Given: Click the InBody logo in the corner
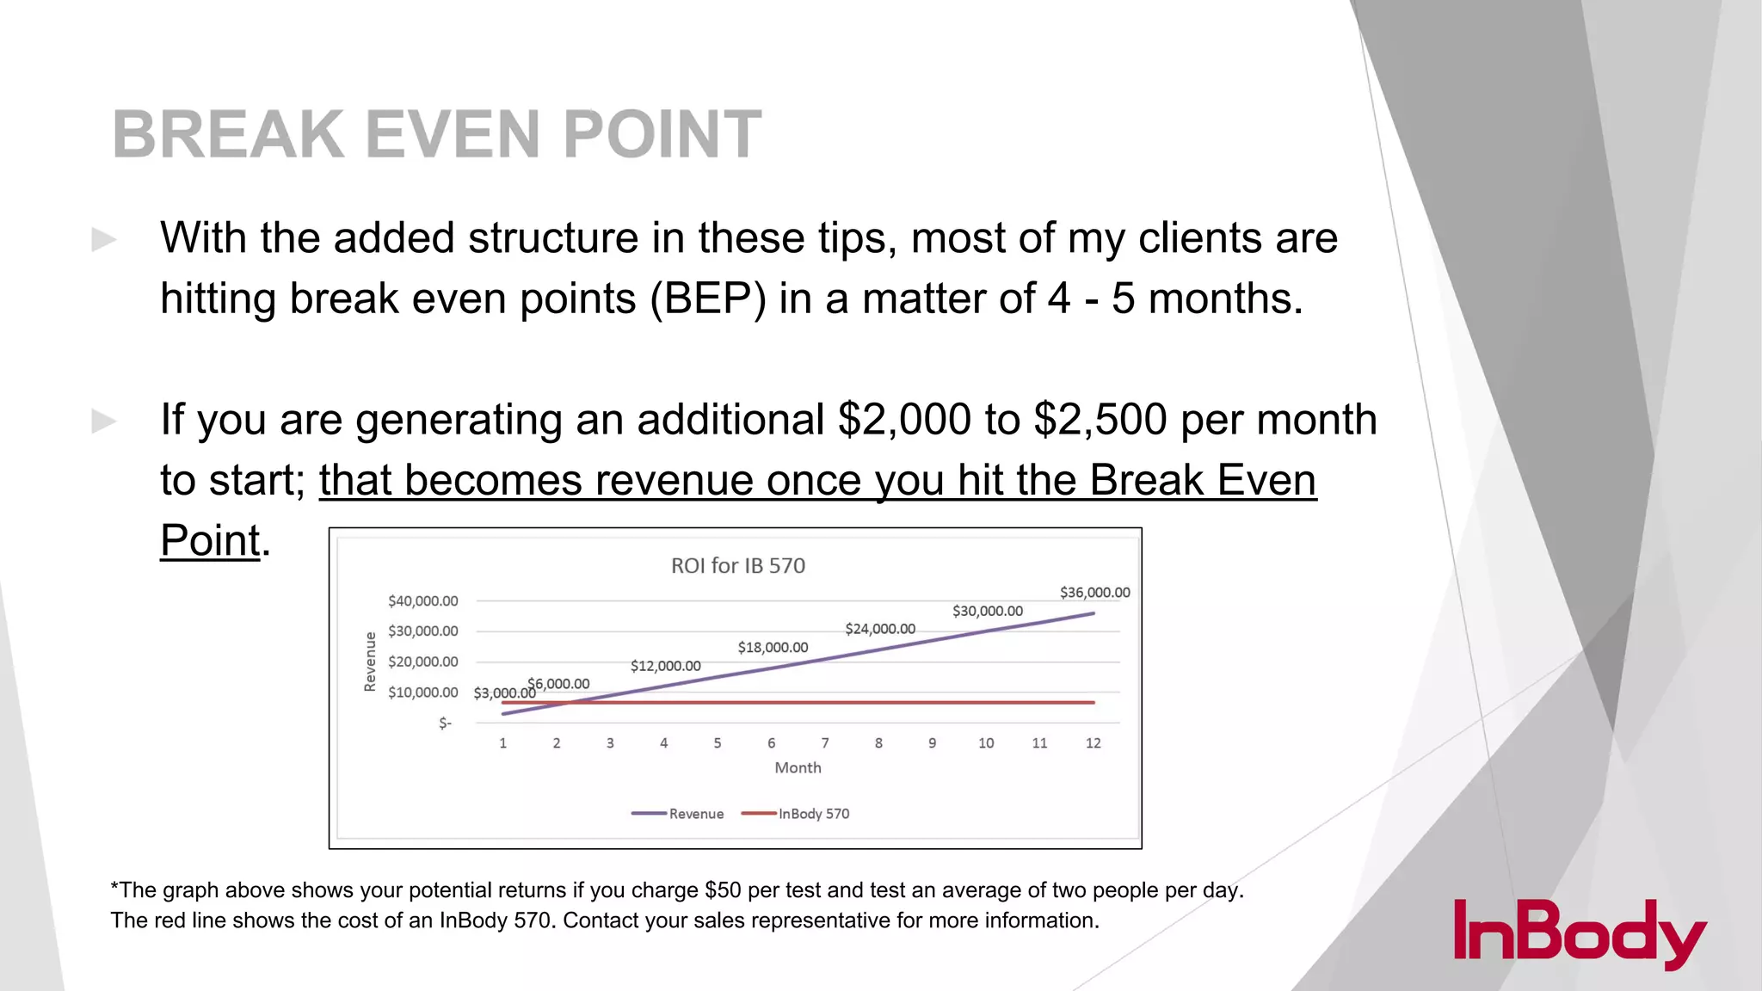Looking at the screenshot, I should (1579, 933).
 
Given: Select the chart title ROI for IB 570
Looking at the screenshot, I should (737, 565).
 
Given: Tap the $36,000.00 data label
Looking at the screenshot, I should (1094, 592).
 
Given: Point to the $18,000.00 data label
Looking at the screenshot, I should (773, 647).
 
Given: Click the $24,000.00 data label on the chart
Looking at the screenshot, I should (879, 629).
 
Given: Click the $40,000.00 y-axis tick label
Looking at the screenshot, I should (422, 600).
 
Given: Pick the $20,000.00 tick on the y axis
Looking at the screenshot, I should (422, 662).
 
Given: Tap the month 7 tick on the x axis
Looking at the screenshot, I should (824, 743).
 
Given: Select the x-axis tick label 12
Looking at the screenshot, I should (1093, 743).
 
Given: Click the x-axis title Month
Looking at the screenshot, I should (798, 767).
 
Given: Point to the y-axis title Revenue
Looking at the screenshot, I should (370, 662).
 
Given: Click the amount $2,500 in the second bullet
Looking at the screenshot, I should (1100, 420).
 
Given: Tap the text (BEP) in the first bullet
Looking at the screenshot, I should (707, 299).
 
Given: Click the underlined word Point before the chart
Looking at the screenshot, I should (210, 540).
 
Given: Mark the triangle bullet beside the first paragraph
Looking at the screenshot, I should (104, 239).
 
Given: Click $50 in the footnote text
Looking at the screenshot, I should (722, 890).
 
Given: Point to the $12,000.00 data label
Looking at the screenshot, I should (665, 666).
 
